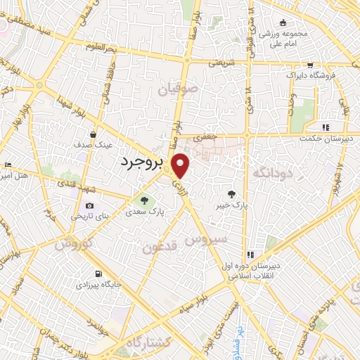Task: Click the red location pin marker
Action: coord(181,165)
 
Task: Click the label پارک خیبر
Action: coord(233,205)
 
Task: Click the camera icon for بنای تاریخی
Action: coord(89,205)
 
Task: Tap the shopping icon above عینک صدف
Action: coord(93,134)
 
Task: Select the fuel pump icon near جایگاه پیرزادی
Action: coord(97,274)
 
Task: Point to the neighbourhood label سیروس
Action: coord(205,239)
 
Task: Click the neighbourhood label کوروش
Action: coord(73,244)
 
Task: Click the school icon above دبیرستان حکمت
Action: coord(325,127)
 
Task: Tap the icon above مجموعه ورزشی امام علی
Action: coord(283,22)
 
